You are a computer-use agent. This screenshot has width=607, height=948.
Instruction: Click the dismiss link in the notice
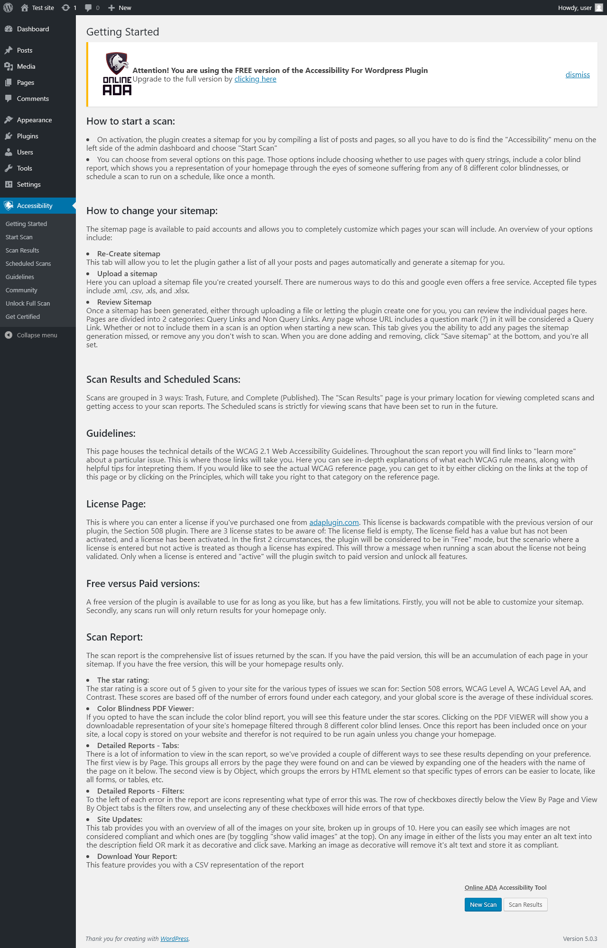[x=577, y=75]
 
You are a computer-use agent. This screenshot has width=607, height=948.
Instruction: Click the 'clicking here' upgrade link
[x=255, y=79]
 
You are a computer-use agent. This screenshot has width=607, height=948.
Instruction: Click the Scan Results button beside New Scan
[x=525, y=904]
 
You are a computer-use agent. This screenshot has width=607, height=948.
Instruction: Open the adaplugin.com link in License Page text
[x=334, y=523]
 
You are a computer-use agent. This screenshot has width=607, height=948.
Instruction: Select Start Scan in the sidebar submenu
[x=19, y=237]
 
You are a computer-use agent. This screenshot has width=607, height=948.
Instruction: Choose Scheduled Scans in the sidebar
[x=28, y=264]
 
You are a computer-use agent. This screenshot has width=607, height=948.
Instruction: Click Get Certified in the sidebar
[x=23, y=317]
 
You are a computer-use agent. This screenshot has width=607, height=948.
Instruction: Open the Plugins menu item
[x=28, y=136]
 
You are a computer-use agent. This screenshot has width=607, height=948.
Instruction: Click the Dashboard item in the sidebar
[x=33, y=29]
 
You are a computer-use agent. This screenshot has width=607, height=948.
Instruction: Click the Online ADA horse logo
[x=117, y=74]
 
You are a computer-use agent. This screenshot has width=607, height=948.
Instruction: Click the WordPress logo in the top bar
[x=8, y=8]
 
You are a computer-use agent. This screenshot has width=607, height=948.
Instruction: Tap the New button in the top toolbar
[x=120, y=8]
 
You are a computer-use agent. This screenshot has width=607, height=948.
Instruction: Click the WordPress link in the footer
[x=174, y=939]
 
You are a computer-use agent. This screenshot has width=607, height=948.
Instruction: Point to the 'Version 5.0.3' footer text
[x=579, y=939]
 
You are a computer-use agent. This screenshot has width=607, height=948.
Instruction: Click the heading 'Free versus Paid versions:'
[x=143, y=584]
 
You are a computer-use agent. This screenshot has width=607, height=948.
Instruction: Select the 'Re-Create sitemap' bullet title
[x=129, y=254]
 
